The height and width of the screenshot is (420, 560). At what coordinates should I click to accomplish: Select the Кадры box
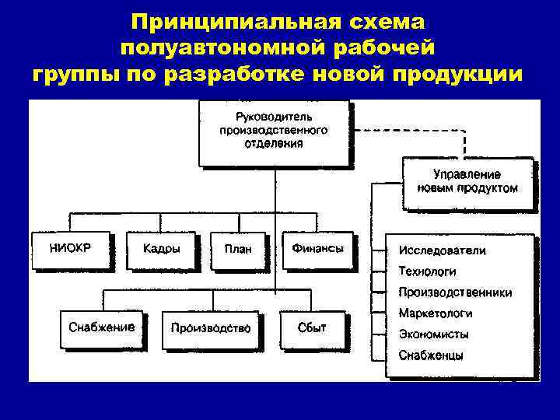(x=162, y=250)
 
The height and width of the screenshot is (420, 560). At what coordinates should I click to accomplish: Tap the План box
(x=238, y=250)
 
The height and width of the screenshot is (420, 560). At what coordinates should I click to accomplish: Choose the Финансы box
(x=317, y=250)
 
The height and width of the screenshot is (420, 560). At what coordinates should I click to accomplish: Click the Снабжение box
(x=102, y=327)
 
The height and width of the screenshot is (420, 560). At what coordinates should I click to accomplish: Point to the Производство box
(x=211, y=328)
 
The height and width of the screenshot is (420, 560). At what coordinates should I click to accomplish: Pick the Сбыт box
(x=312, y=328)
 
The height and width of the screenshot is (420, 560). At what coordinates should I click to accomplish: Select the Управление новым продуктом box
(x=468, y=182)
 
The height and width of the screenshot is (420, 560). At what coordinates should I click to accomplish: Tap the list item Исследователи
(x=442, y=250)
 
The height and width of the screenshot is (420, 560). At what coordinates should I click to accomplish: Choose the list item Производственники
(x=455, y=293)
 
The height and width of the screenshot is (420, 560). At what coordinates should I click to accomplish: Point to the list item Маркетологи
(x=435, y=314)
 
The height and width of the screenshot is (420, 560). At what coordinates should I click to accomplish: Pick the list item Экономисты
(x=433, y=334)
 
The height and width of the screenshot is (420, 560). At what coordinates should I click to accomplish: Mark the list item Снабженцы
(x=431, y=356)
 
